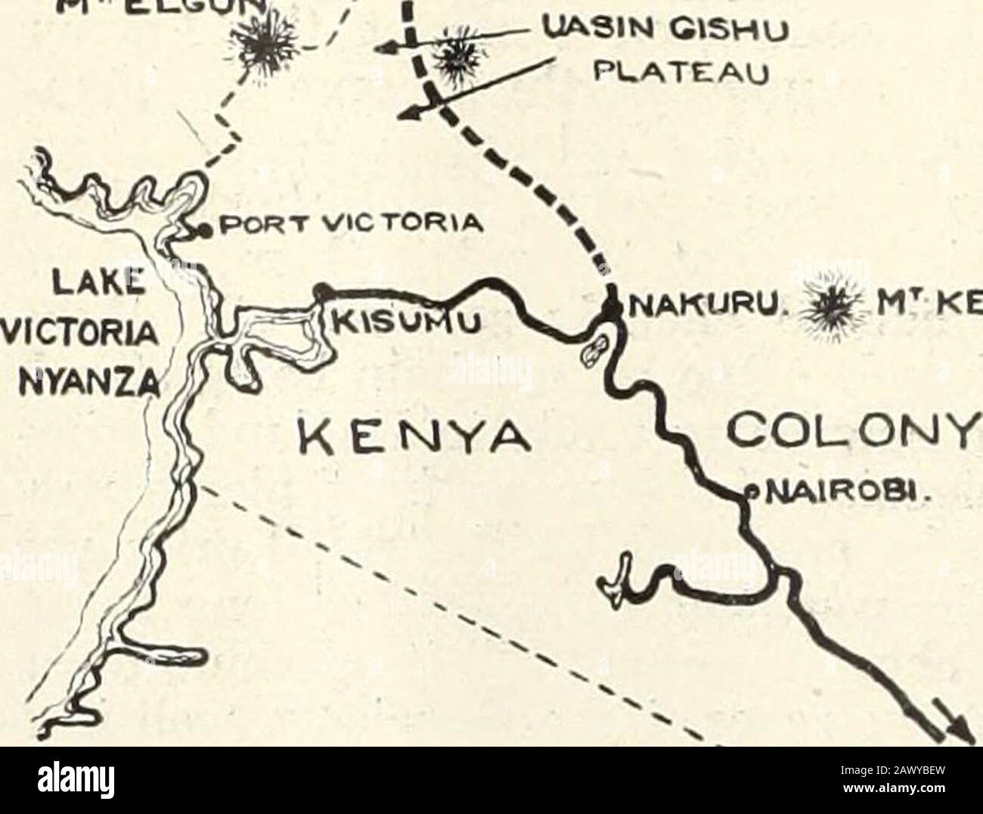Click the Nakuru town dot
click(x=610, y=306)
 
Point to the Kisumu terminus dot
click(x=322, y=288)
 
